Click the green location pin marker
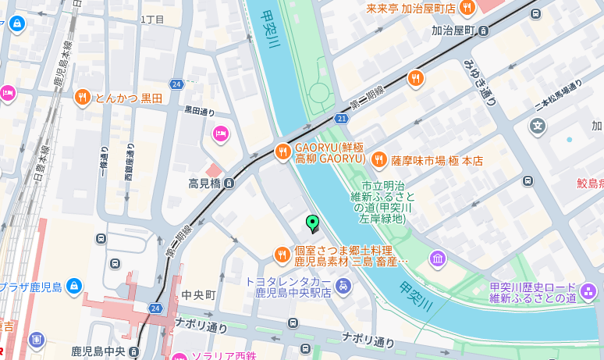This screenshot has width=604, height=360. point(313,224)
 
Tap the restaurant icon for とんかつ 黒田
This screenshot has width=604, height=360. point(83,98)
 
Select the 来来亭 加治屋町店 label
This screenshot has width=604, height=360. point(411,9)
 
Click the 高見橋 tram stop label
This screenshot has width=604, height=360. point(205,184)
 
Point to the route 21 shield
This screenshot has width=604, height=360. point(341,118)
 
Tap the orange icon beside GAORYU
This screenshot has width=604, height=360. point(282,151)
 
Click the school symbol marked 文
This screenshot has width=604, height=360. point(537,125)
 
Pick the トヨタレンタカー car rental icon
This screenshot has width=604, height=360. point(343,287)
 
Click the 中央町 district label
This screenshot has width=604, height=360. point(198,295)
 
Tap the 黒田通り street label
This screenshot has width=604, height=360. point(200,112)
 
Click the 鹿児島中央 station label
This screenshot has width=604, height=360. point(99,351)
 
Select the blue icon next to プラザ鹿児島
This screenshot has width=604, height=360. point(74,287)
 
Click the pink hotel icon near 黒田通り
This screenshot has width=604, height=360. point(220,134)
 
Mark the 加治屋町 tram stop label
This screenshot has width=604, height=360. point(453,30)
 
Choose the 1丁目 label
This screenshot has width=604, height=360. point(153,18)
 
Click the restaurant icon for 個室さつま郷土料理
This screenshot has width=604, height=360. point(282,255)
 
